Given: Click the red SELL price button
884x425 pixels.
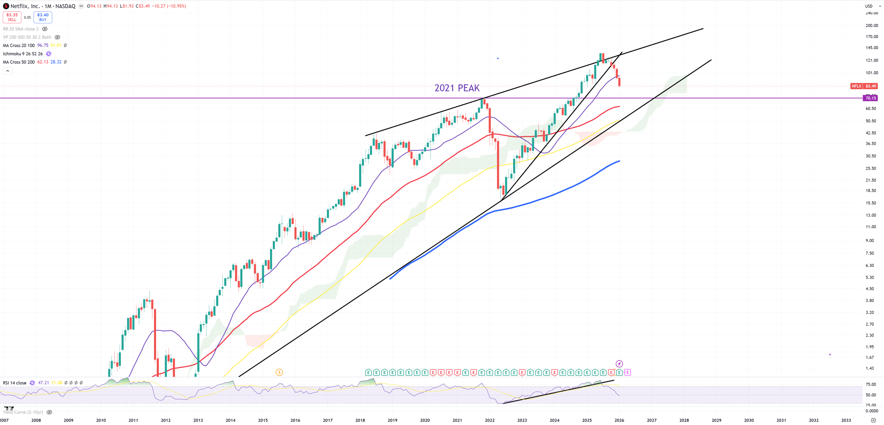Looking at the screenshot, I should coord(12,17).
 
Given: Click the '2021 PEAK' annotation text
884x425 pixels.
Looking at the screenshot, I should coord(457,88).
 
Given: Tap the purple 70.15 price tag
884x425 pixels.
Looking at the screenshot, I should coord(870,98).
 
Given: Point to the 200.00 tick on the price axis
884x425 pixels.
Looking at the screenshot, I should coord(872,25).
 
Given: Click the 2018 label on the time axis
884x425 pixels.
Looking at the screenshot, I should coord(360,420).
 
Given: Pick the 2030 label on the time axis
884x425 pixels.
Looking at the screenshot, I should coord(749,420).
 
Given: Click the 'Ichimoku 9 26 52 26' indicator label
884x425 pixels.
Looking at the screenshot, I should coord(23,54).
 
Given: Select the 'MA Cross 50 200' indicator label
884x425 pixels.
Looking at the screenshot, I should coord(19,62).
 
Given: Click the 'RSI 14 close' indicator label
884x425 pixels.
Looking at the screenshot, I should coord(15,383).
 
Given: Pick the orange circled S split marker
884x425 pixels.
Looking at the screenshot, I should coord(279,372).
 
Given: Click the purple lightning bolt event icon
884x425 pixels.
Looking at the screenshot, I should coord(619,364).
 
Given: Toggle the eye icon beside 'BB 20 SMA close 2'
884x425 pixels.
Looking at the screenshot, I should coord(45,29).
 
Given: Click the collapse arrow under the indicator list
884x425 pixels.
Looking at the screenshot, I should coord(8,71).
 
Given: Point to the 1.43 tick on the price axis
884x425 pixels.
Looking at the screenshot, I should coord(869,368).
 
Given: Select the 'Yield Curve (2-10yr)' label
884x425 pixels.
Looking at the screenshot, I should coord(23,412).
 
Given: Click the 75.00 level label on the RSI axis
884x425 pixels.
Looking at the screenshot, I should coord(871,384).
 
